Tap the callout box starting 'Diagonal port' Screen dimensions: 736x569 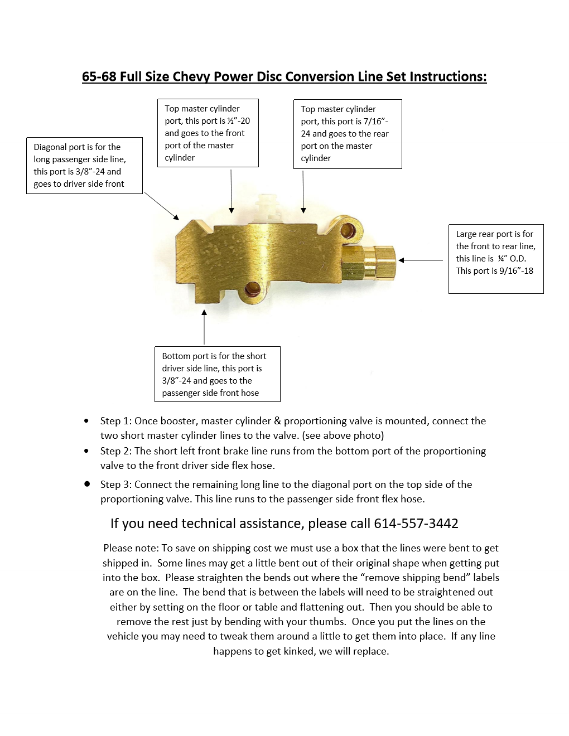click(x=84, y=166)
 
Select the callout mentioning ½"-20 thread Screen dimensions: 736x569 click(x=208, y=133)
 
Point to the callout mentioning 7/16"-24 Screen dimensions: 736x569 click(x=347, y=134)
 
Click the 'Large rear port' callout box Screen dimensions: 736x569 click(x=495, y=259)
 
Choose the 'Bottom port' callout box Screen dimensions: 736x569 click(x=217, y=374)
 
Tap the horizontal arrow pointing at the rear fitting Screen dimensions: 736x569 click(x=421, y=260)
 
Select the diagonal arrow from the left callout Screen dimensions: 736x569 click(x=162, y=206)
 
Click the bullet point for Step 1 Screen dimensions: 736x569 click(x=86, y=421)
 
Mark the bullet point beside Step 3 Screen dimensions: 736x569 click(x=87, y=484)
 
